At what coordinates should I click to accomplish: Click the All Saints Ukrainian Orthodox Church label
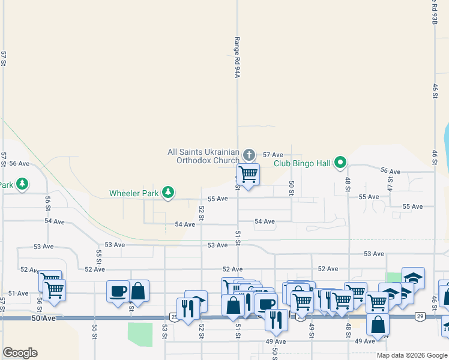click(x=203, y=157)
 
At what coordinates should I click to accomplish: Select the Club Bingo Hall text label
click(x=303, y=163)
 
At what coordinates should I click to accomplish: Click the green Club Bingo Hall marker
click(x=340, y=162)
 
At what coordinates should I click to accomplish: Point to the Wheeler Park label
click(x=133, y=193)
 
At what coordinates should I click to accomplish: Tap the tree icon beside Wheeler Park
click(x=169, y=192)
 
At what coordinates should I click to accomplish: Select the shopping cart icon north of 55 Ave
click(x=248, y=174)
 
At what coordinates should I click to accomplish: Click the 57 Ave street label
click(x=273, y=155)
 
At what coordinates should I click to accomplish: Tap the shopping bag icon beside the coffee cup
click(x=138, y=291)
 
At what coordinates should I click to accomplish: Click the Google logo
click(x=20, y=353)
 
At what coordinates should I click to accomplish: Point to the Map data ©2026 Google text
click(x=411, y=355)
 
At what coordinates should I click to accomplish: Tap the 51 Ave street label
click(x=19, y=293)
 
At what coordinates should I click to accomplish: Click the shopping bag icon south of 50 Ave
click(x=378, y=325)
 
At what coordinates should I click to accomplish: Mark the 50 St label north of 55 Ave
click(x=292, y=187)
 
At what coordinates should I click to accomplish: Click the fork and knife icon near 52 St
click(x=187, y=308)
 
